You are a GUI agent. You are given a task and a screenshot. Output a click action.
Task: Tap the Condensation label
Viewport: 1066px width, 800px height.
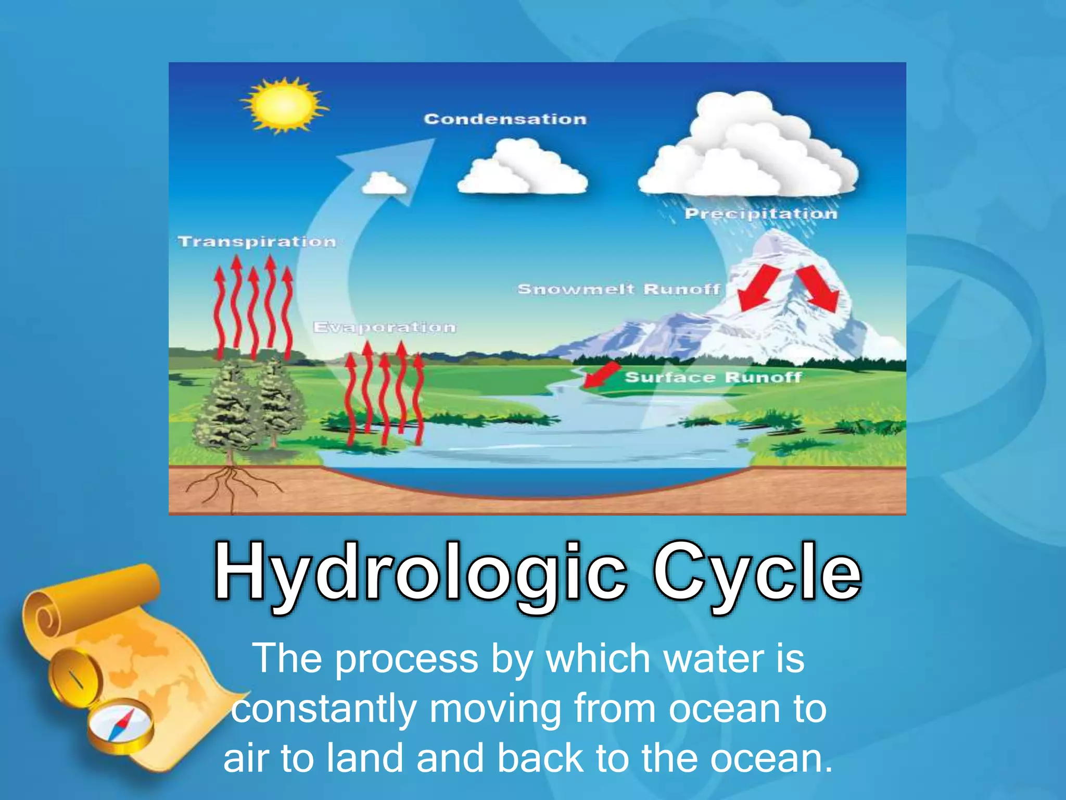coord(505,119)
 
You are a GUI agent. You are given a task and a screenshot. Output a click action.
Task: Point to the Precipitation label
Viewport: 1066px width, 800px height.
coord(760,214)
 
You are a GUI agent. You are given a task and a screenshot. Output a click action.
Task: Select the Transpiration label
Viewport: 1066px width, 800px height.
coord(257,242)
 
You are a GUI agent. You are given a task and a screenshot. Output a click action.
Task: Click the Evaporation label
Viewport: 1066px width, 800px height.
coord(385,327)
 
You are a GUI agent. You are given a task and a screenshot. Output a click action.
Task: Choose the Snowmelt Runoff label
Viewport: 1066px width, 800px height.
coord(619,289)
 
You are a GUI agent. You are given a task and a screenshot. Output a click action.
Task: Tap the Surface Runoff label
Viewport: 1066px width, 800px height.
coord(713,377)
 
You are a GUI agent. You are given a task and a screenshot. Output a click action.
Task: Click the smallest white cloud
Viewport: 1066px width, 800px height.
coord(384,183)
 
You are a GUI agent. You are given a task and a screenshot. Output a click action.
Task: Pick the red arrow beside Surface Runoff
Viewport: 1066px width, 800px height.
coord(601,375)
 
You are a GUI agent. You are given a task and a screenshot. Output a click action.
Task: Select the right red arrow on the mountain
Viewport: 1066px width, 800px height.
coord(818,288)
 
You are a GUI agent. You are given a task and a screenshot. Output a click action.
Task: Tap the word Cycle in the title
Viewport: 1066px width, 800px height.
coord(757,572)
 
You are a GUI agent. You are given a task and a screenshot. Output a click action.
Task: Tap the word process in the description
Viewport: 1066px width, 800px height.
coord(406,659)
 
